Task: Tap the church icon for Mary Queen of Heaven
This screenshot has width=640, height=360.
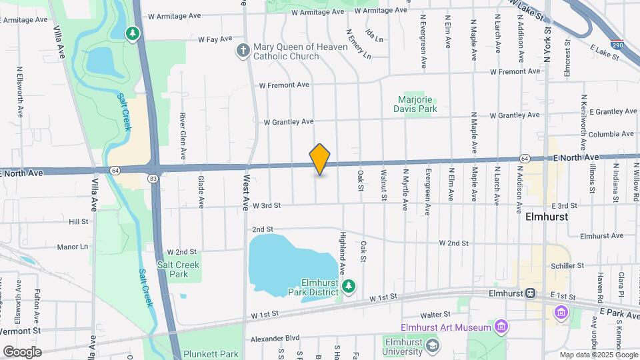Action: coord(243,50)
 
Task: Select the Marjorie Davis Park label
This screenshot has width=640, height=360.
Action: coord(417,103)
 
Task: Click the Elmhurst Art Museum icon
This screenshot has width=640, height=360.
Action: coord(501,327)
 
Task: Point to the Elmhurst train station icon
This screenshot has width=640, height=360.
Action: coord(531,293)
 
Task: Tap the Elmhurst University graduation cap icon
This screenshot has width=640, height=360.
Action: coord(433,345)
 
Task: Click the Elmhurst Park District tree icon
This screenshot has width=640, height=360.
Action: coord(348,287)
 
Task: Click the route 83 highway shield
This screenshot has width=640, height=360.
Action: coord(154,178)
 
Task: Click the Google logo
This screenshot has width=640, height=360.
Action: coord(22,351)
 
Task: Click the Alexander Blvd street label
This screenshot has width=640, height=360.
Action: coord(275,338)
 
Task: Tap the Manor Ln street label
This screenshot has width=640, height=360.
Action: coord(73,247)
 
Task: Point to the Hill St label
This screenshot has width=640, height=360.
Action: coord(79,221)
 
